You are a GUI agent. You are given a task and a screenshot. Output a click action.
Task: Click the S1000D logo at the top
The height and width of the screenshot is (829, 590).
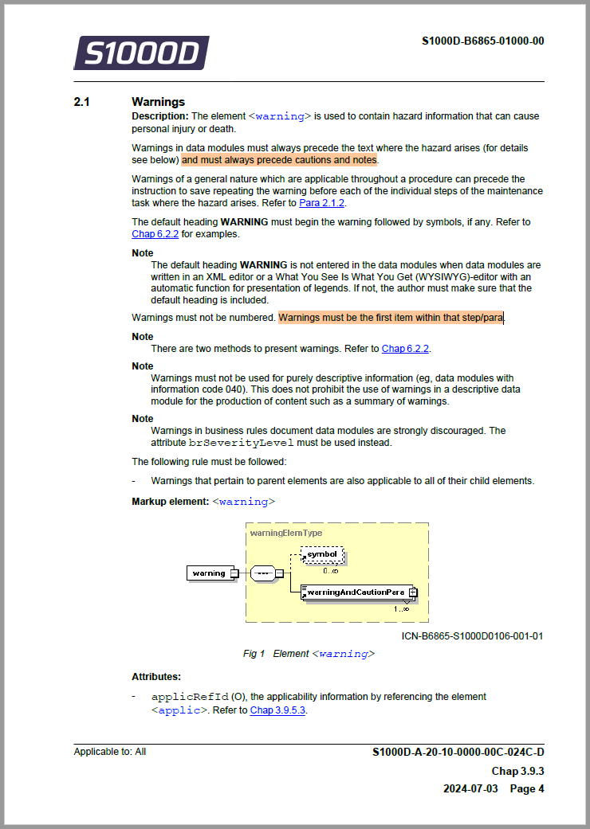coord(141,53)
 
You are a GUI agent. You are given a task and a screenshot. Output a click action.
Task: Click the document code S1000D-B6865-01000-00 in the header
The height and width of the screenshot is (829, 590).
coord(482,41)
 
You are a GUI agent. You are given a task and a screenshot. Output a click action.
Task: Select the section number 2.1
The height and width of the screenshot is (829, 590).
coord(82,102)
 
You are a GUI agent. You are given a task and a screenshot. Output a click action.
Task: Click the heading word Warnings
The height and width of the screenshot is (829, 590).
coord(158,102)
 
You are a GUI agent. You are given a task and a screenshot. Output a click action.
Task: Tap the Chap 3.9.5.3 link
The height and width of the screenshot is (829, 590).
coord(277,710)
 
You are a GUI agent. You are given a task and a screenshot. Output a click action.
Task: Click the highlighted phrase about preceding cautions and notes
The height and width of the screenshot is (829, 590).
coord(279,160)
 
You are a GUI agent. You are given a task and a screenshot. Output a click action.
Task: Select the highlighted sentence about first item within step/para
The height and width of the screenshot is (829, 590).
coord(391,318)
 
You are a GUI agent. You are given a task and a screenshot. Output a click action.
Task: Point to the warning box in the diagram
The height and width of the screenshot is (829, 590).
coord(210,573)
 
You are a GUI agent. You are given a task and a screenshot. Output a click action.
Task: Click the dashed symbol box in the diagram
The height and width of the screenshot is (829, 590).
coord(322,554)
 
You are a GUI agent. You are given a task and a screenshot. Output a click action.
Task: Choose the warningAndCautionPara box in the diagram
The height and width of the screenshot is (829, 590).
coord(357,592)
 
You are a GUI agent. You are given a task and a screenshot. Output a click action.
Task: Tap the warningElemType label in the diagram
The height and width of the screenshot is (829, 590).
coord(286,533)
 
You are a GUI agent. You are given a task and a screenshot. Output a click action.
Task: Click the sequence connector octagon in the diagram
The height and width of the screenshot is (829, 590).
coord(262,573)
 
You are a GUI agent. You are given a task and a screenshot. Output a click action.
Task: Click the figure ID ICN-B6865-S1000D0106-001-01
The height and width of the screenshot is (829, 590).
coord(472,636)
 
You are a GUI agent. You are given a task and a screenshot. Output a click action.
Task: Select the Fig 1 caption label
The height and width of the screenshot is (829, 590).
coord(254,654)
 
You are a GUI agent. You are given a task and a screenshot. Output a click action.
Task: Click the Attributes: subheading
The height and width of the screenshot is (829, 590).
coord(156,678)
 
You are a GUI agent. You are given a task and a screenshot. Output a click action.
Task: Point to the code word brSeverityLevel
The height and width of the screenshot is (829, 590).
coord(241,443)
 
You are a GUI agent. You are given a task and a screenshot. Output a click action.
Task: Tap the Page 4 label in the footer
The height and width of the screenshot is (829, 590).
coord(527,789)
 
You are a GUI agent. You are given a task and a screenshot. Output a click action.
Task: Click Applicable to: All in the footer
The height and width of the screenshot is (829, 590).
coord(110,752)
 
